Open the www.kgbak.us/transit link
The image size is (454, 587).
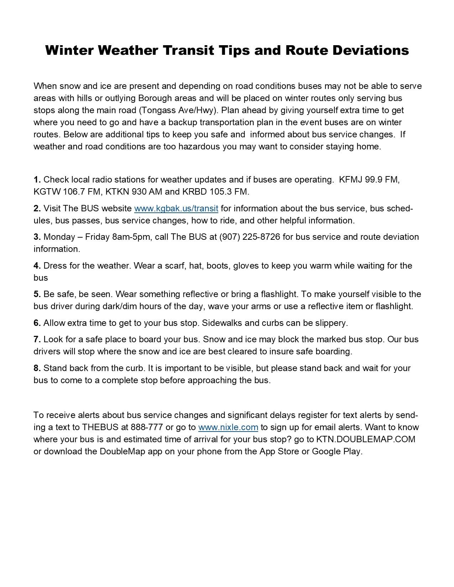pyautogui.click(x=176, y=208)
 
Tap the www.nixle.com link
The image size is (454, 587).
pyautogui.click(x=228, y=427)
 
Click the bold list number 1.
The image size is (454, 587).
pyautogui.click(x=37, y=180)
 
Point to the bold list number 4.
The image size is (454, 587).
pyautogui.click(x=37, y=266)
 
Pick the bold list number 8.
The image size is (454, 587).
pyautogui.click(x=37, y=368)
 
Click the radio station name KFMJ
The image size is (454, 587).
pyautogui.click(x=351, y=180)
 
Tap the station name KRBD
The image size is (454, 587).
pyautogui.click(x=194, y=192)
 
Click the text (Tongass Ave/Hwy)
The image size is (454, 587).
pyautogui.click(x=178, y=110)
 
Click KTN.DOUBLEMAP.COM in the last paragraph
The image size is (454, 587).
pyautogui.click(x=366, y=439)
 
